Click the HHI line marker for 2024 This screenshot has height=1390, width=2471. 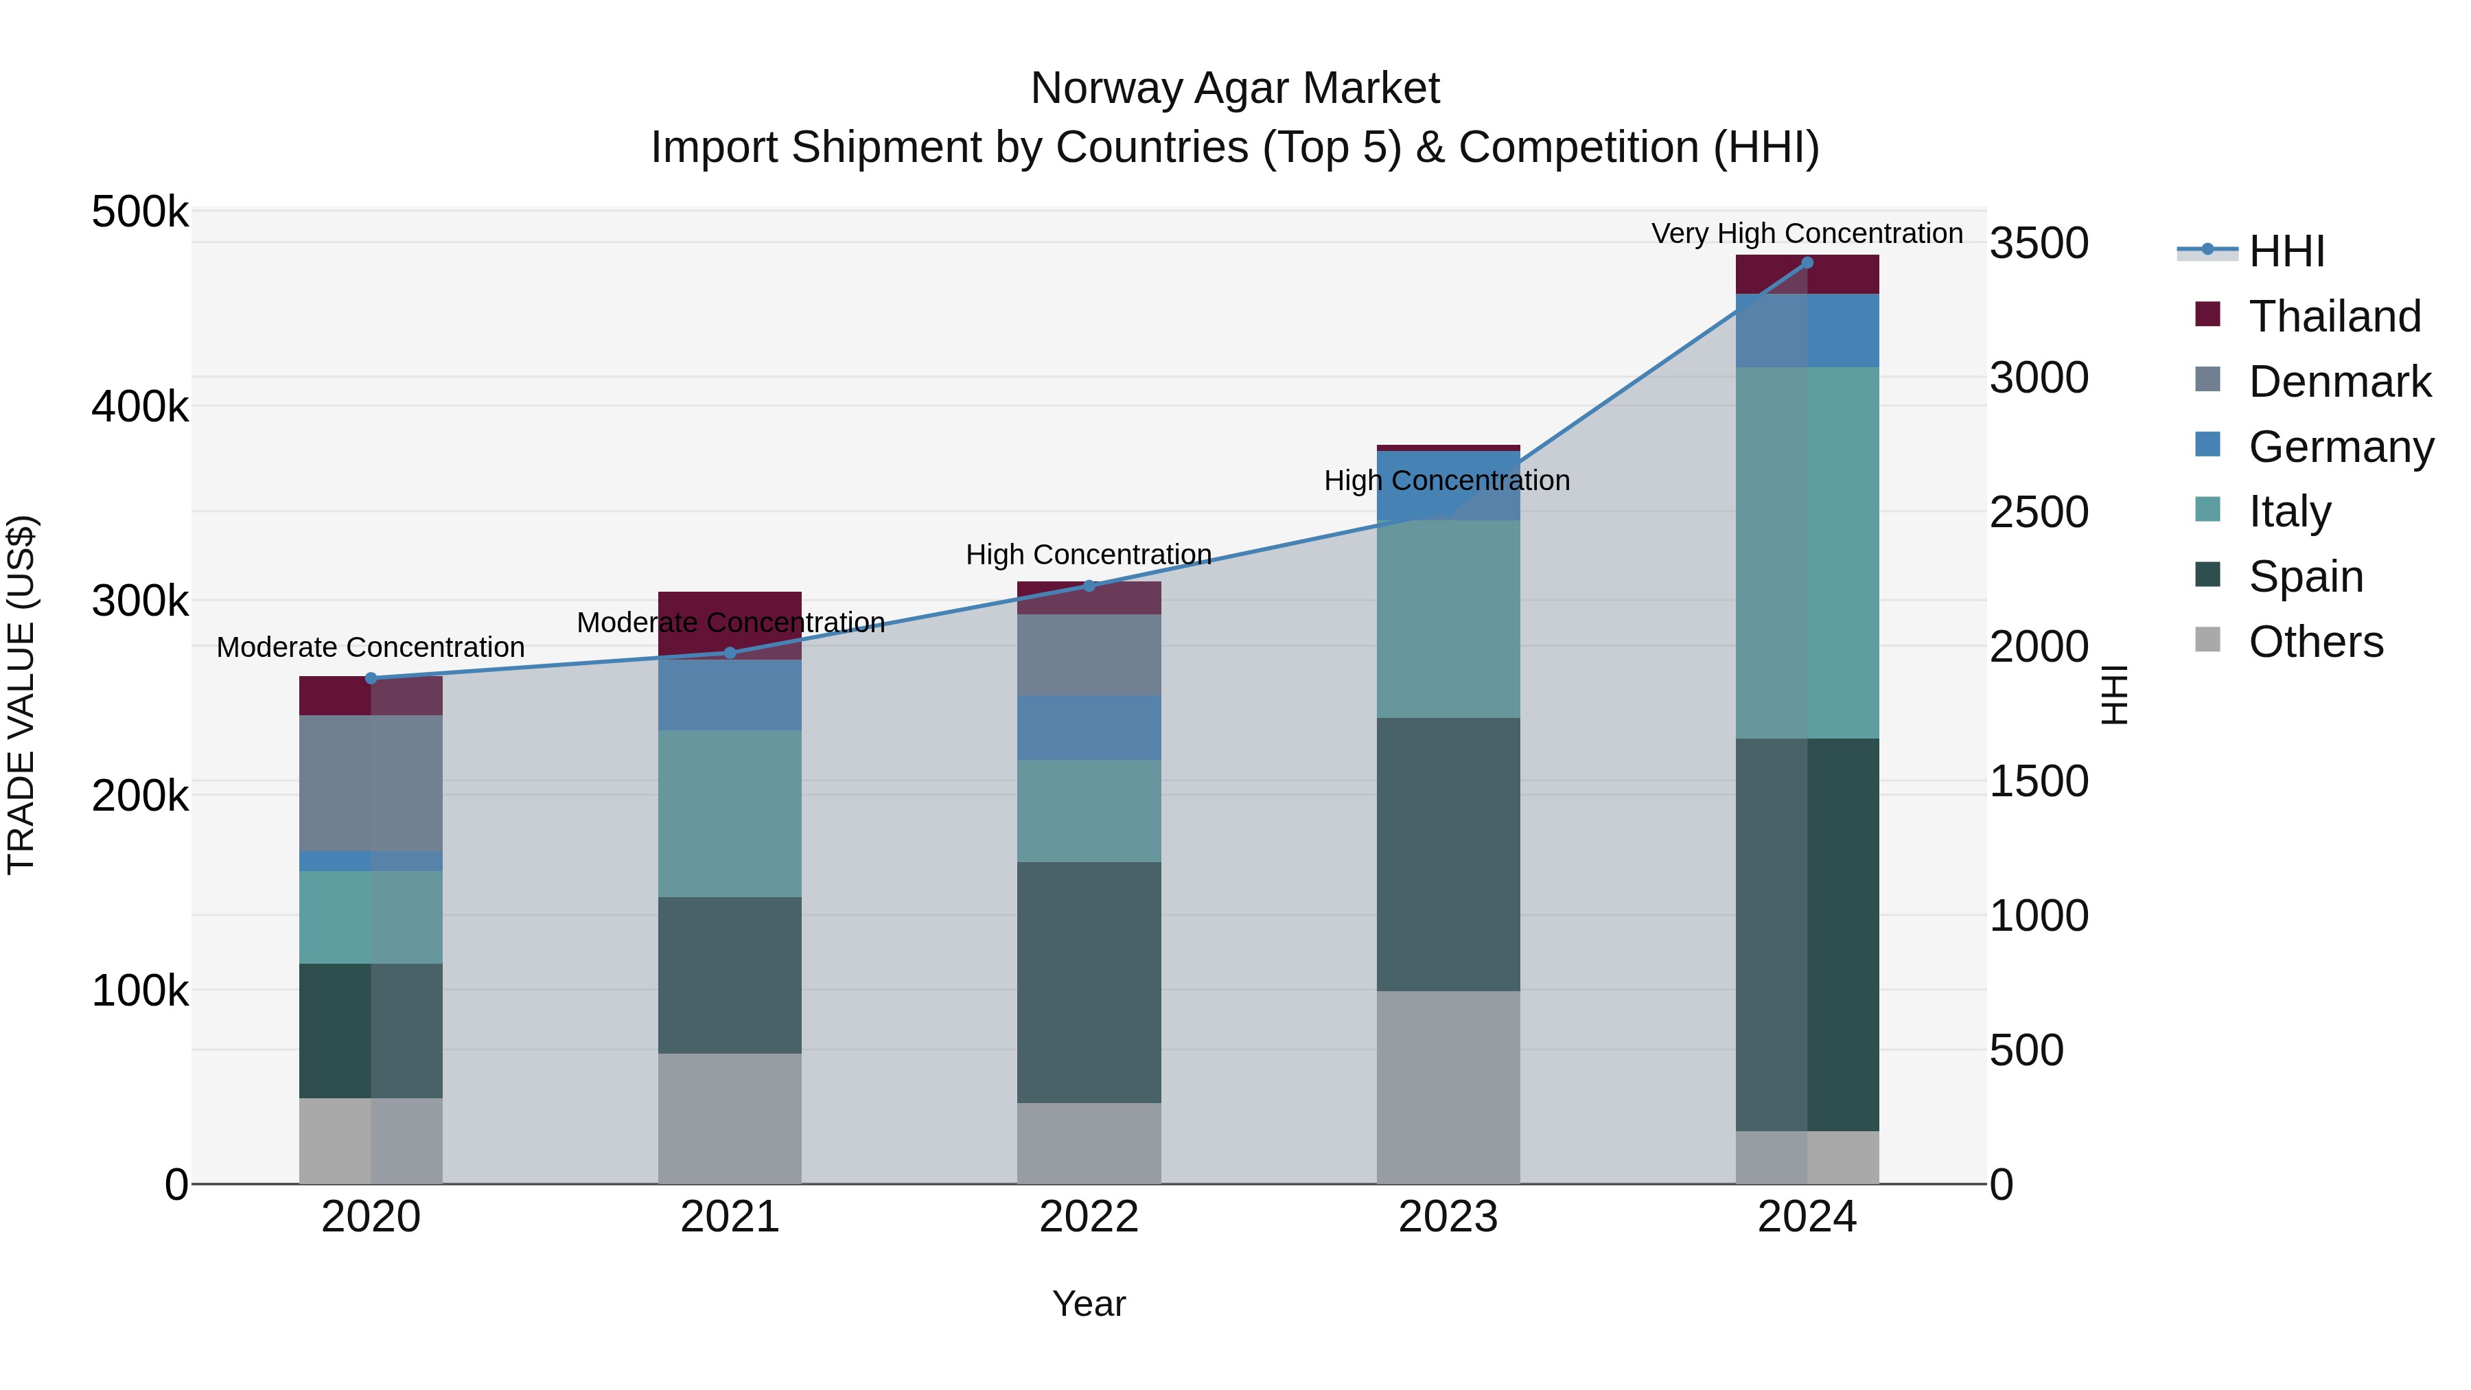tap(1807, 263)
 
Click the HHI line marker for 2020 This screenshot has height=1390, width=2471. tap(371, 678)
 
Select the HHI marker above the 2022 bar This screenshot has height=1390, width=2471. tap(1089, 586)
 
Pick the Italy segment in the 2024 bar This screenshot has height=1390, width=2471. tap(1807, 553)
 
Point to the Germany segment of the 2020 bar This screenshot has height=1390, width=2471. tap(371, 861)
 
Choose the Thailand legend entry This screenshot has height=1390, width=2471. tap(2334, 316)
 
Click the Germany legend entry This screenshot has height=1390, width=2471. tap(2341, 447)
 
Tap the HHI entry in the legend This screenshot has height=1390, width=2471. tap(2286, 251)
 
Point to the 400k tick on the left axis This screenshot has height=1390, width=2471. tap(140, 407)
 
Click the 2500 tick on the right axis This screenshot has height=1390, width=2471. tap(2039, 512)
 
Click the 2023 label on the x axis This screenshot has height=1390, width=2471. tap(1448, 1217)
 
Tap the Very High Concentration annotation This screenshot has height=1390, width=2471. tap(1807, 233)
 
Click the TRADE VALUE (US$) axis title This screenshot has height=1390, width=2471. tap(21, 695)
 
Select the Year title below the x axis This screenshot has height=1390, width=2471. tap(1089, 1304)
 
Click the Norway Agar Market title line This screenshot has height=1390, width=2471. tap(1235, 89)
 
